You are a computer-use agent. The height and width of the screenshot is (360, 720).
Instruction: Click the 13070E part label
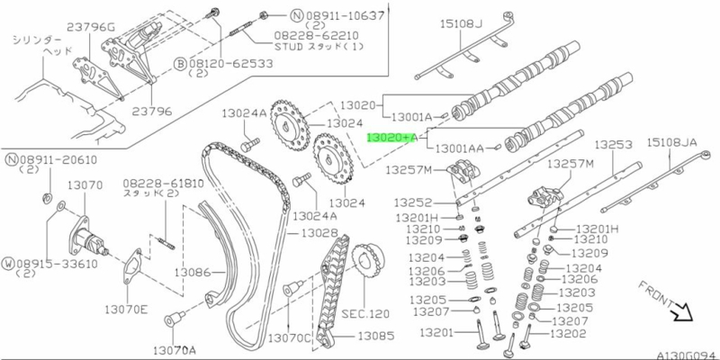pos(125,308)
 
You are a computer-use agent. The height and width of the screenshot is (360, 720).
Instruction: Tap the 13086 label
pos(192,271)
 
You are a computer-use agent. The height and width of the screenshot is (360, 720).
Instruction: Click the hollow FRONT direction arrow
pos(685,315)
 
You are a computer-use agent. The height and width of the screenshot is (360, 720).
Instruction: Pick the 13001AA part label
pos(459,146)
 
